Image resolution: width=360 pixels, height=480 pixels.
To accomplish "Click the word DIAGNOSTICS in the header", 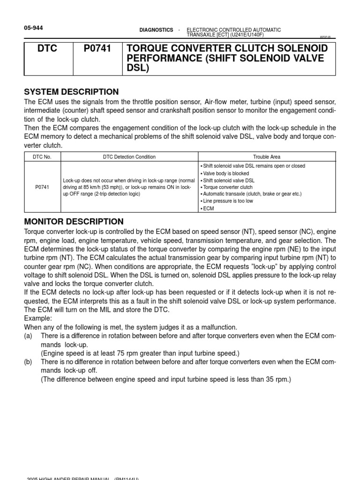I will pyautogui.click(x=156, y=30).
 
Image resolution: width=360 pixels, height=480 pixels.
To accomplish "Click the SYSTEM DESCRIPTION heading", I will pyautogui.click(x=71, y=92).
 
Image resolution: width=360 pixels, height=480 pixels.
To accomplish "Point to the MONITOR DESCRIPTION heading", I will pyautogui.click(x=74, y=222).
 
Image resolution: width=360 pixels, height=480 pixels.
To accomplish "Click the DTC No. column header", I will pyautogui.click(x=42, y=157).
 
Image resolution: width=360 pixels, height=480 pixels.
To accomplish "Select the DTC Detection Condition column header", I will pyautogui.click(x=129, y=157).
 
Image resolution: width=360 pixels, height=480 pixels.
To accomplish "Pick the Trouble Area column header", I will pyautogui.click(x=267, y=157).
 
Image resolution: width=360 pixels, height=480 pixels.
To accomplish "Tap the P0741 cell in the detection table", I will pyautogui.click(x=42, y=187).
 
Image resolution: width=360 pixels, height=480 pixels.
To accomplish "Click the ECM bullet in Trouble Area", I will pyautogui.click(x=208, y=209).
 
